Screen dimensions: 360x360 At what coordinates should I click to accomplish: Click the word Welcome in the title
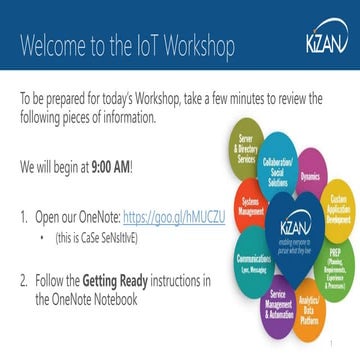click(x=51, y=46)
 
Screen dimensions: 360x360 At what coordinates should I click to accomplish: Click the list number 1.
click(x=25, y=215)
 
